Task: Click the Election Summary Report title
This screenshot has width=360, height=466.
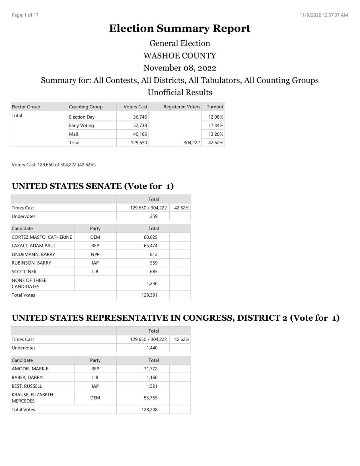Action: tap(180, 28)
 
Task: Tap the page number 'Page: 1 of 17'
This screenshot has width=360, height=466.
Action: tap(25, 15)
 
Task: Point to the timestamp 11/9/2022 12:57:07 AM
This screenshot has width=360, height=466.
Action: tap(324, 15)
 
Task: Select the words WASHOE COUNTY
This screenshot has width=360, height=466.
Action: tap(180, 55)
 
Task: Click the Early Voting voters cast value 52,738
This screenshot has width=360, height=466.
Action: tap(140, 125)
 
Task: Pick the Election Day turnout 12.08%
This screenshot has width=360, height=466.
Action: tap(216, 117)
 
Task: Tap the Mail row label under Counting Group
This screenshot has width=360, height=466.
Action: tap(73, 134)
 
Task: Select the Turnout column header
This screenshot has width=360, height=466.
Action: tap(215, 107)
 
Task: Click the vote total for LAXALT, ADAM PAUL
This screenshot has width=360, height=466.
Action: tap(151, 246)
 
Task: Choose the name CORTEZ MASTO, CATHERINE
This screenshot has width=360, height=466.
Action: tap(42, 237)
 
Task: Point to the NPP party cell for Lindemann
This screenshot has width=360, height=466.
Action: tap(95, 254)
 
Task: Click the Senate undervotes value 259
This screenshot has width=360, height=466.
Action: tap(154, 216)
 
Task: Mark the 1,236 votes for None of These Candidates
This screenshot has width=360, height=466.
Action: tap(152, 283)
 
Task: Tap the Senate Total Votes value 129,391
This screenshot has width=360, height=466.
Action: tap(149, 295)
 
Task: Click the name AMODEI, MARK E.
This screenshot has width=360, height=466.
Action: tap(30, 369)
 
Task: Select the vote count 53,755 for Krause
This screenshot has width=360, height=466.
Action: tap(151, 398)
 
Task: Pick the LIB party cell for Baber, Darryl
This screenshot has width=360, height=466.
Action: tap(95, 378)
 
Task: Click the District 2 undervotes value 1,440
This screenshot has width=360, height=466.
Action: tap(152, 348)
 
